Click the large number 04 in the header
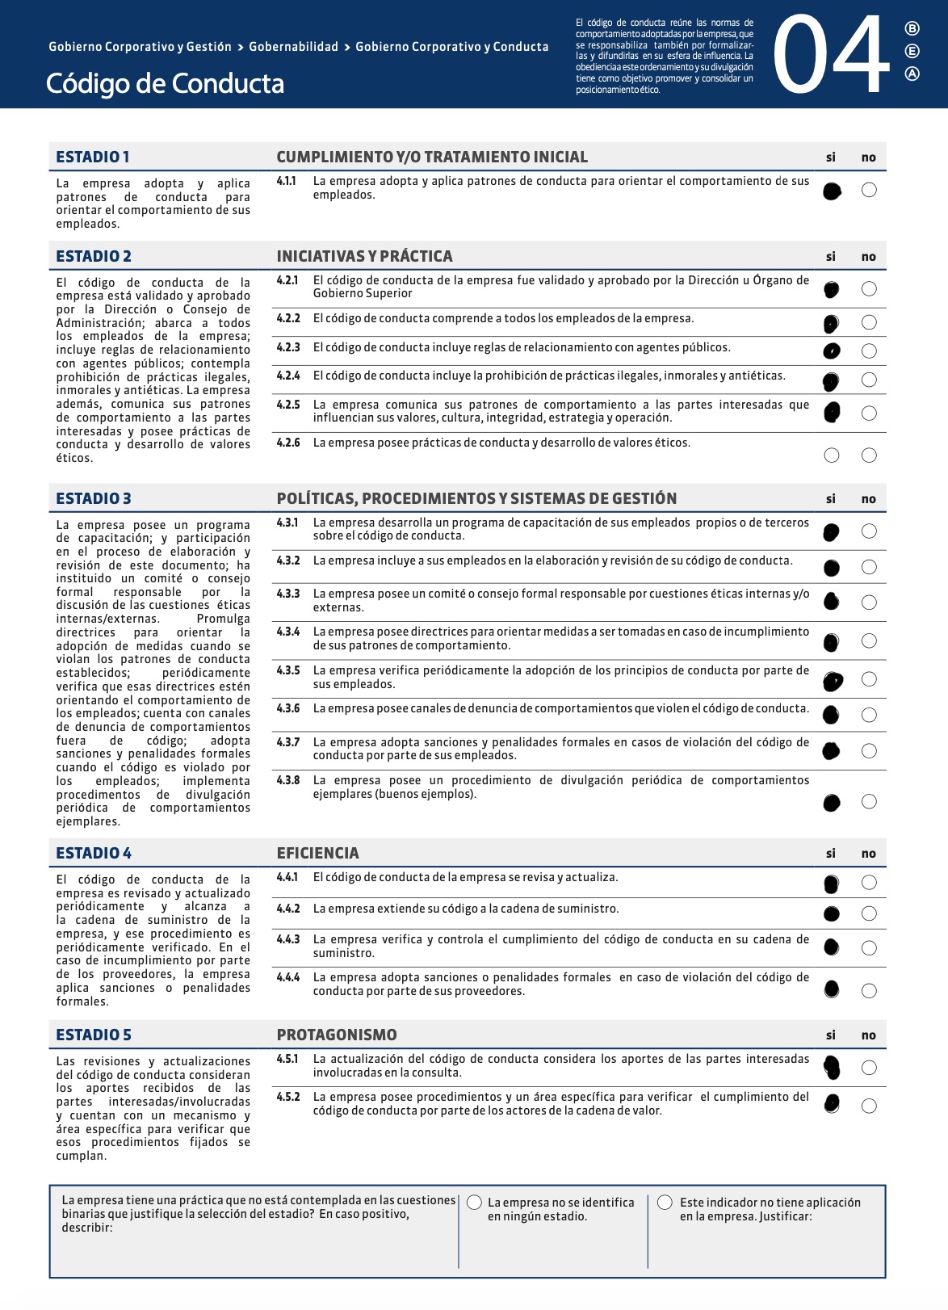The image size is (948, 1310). coord(832,55)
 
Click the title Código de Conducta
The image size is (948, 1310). coord(165,84)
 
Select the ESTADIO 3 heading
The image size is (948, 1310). coord(94,498)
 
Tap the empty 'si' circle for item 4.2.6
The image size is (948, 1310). coord(832,456)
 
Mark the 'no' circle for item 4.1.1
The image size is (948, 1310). coord(869,190)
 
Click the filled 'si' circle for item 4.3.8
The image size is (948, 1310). coord(832,802)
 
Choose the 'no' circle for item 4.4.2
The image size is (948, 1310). coord(869,913)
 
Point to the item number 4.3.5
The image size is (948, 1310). coord(288,670)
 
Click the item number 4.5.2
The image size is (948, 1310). coord(288,1097)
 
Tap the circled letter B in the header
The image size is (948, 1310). coord(912,29)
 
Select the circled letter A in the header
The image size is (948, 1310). coord(912,74)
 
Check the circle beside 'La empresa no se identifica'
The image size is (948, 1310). coord(475,1203)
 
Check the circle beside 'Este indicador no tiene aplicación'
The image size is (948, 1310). coord(665,1203)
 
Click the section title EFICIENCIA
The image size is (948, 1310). coord(317,853)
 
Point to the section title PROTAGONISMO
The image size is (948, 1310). coord(337,1035)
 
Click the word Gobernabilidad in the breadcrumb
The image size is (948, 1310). coord(293,47)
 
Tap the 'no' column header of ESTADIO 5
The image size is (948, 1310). coord(869,1035)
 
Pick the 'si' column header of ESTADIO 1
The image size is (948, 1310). coord(831,157)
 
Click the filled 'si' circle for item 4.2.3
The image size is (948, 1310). coord(832,351)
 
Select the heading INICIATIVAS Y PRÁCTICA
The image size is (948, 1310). coord(364,256)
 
